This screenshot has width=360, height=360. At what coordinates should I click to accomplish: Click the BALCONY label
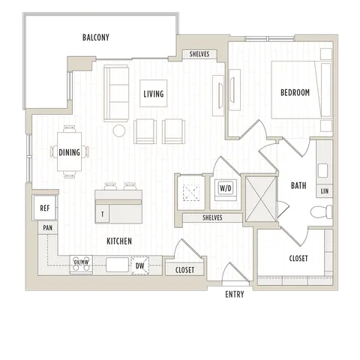pyautogui.click(x=96, y=37)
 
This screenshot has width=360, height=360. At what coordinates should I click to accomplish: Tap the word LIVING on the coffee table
pyautogui.click(x=154, y=94)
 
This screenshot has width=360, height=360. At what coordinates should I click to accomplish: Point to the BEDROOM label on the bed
pyautogui.click(x=295, y=92)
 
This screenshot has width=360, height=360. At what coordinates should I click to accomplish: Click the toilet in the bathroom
pyautogui.click(x=322, y=211)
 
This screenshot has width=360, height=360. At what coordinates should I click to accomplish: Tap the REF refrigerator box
pyautogui.click(x=45, y=208)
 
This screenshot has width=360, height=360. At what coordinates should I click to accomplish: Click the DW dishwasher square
pyautogui.click(x=140, y=265)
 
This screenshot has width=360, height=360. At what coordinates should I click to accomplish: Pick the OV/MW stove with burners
pyautogui.click(x=81, y=265)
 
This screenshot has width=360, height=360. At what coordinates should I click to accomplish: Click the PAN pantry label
pyautogui.click(x=48, y=228)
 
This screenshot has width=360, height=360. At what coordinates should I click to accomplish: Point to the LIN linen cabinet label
pyautogui.click(x=325, y=191)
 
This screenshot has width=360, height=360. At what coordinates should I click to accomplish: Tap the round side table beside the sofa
pyautogui.click(x=118, y=130)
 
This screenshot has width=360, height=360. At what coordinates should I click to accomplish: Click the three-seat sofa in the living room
pyautogui.click(x=116, y=93)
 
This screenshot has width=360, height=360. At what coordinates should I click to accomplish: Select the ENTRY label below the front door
pyautogui.click(x=235, y=295)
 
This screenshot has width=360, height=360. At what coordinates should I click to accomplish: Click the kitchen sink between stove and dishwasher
pyautogui.click(x=117, y=265)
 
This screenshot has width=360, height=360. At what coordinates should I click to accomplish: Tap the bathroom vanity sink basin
pyautogui.click(x=322, y=170)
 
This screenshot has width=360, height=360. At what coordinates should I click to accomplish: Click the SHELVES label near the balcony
pyautogui.click(x=199, y=54)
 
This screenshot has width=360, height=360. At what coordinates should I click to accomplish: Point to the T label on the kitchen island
pyautogui.click(x=103, y=214)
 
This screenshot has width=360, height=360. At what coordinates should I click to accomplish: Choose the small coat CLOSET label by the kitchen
pyautogui.click(x=184, y=270)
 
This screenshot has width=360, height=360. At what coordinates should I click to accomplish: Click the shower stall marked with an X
pyautogui.click(x=261, y=199)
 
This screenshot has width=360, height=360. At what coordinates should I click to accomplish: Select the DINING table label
pyautogui.click(x=69, y=152)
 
